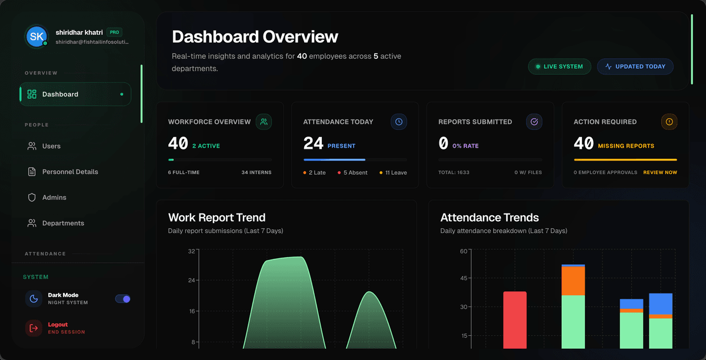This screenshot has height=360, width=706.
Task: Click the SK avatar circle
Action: tap(36, 36)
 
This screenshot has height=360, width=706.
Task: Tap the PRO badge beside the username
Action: tap(114, 32)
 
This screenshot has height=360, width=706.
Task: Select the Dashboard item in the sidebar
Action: tap(75, 94)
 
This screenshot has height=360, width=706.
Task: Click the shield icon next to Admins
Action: tap(32, 197)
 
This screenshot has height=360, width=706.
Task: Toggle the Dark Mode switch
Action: tap(122, 299)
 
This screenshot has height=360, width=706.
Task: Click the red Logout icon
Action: tap(34, 328)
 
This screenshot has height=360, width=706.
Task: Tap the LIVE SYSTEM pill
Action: tap(560, 66)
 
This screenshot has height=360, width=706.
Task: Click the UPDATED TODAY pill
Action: tap(635, 66)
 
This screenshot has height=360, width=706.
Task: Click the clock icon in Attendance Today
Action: tap(399, 122)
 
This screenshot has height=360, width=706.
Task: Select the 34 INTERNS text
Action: tap(257, 172)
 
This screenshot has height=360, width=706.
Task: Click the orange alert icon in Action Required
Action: tap(669, 122)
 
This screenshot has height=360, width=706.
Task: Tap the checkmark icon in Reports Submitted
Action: tap(534, 122)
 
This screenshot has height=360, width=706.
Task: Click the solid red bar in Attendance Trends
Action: tap(515, 319)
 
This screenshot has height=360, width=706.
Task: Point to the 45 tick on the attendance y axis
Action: tap(464, 278)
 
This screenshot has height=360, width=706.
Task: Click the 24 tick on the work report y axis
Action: tap(192, 280)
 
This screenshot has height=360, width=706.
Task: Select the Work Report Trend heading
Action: tap(217, 218)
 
